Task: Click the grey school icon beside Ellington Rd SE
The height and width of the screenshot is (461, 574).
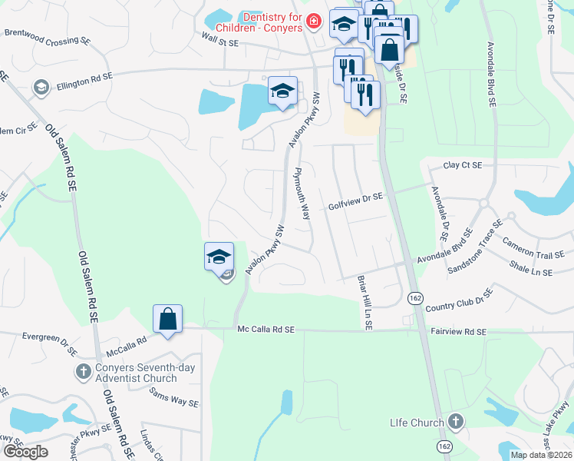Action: tap(39, 88)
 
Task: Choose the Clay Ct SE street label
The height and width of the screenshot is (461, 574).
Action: tap(463, 165)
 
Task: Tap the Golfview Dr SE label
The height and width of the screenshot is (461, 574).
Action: tap(355, 202)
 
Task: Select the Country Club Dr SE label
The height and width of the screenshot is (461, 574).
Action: tap(458, 300)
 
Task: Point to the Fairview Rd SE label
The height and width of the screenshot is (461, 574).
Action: tap(458, 331)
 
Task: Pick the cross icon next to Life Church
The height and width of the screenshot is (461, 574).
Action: tap(456, 421)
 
